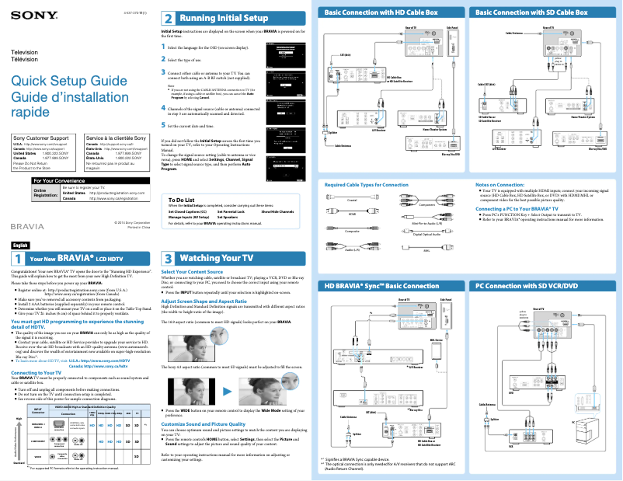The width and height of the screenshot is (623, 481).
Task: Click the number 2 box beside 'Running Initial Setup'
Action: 168,18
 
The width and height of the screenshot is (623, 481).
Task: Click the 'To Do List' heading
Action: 180,200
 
